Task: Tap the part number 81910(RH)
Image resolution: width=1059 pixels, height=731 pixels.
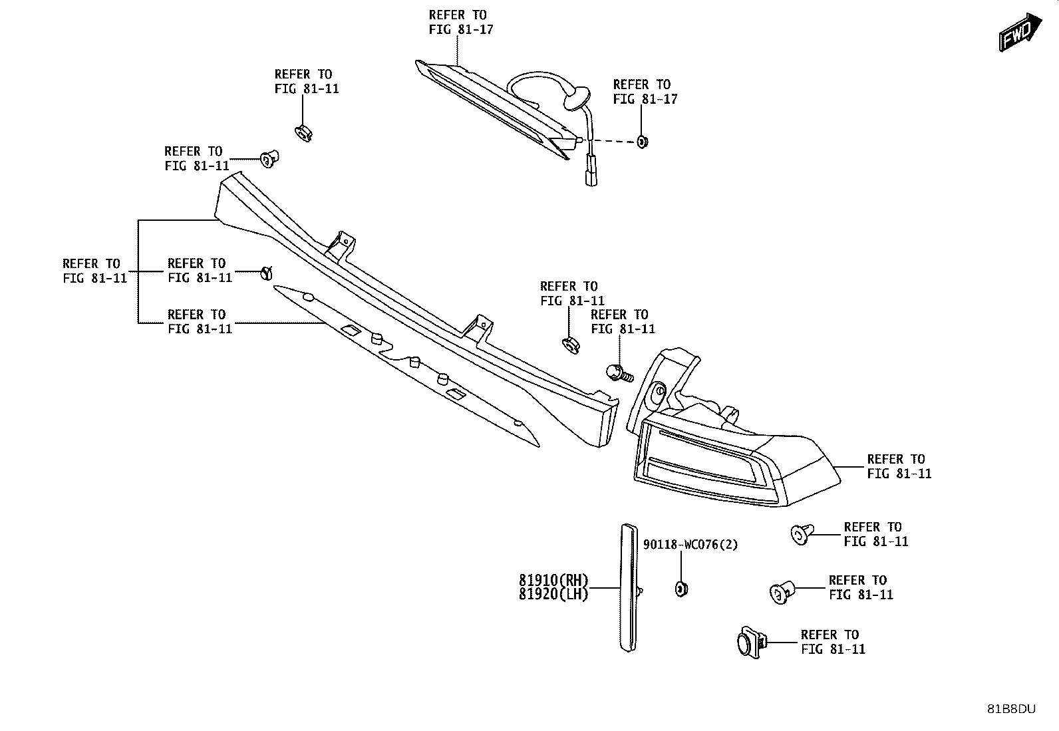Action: [x=553, y=580]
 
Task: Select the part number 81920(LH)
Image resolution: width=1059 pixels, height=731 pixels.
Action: [x=553, y=595]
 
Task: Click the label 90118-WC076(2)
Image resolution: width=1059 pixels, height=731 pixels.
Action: [x=690, y=545]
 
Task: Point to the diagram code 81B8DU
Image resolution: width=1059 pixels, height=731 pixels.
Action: [x=1011, y=709]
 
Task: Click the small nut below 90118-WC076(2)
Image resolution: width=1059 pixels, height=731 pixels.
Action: [x=681, y=589]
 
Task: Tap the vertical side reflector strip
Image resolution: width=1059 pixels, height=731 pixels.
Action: [x=629, y=588]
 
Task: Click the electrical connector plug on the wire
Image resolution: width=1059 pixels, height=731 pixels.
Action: [x=591, y=171]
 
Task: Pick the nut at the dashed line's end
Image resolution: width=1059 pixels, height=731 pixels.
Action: [x=642, y=142]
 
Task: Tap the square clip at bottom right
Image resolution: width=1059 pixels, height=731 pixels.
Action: [x=751, y=642]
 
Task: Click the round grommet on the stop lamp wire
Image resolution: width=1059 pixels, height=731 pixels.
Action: [x=577, y=98]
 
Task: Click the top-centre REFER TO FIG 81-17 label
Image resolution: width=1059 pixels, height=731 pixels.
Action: [x=461, y=22]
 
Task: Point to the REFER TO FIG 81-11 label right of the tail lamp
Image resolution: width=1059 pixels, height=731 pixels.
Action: [x=899, y=466]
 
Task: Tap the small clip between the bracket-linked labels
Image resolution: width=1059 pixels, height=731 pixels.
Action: [x=267, y=273]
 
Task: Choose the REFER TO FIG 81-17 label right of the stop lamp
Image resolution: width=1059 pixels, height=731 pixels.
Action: [x=645, y=92]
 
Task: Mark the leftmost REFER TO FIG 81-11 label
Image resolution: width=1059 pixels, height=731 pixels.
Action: [x=95, y=271]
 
